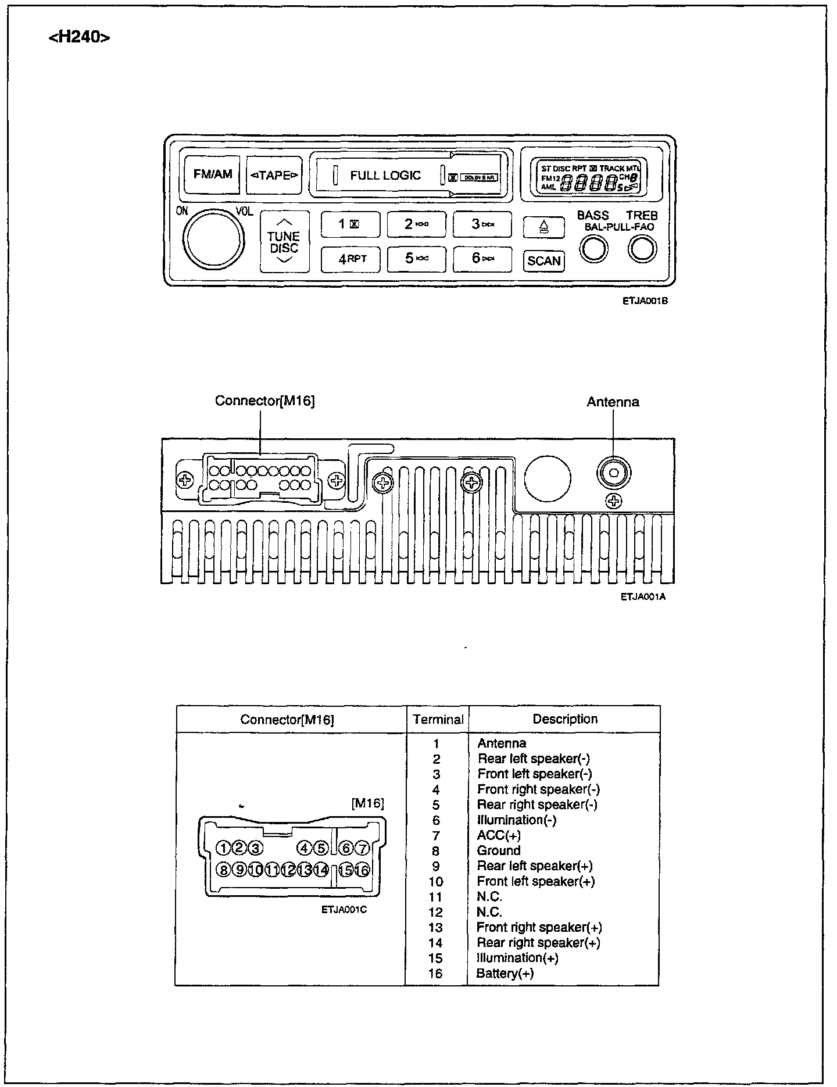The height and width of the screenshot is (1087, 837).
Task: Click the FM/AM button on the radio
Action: (213, 174)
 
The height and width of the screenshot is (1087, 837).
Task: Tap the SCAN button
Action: (543, 261)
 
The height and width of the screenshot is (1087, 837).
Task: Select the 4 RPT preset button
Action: (350, 259)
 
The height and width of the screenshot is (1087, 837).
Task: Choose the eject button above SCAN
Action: (543, 227)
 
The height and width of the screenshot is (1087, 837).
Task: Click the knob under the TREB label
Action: (642, 250)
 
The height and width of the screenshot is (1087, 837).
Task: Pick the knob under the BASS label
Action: (593, 250)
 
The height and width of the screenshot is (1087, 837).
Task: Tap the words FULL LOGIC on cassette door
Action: (385, 176)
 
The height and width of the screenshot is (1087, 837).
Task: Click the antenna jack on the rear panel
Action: (613, 473)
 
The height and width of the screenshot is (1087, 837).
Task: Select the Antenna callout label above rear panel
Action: (613, 402)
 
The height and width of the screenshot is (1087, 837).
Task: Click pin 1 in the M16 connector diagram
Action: (223, 848)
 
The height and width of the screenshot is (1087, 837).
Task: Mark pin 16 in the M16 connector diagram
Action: (362, 870)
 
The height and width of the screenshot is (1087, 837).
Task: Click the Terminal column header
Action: (438, 720)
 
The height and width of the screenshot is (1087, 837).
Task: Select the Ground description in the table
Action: (498, 851)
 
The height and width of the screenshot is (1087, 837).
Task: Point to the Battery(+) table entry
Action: (505, 974)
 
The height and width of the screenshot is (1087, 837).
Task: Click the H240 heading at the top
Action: (79, 38)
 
